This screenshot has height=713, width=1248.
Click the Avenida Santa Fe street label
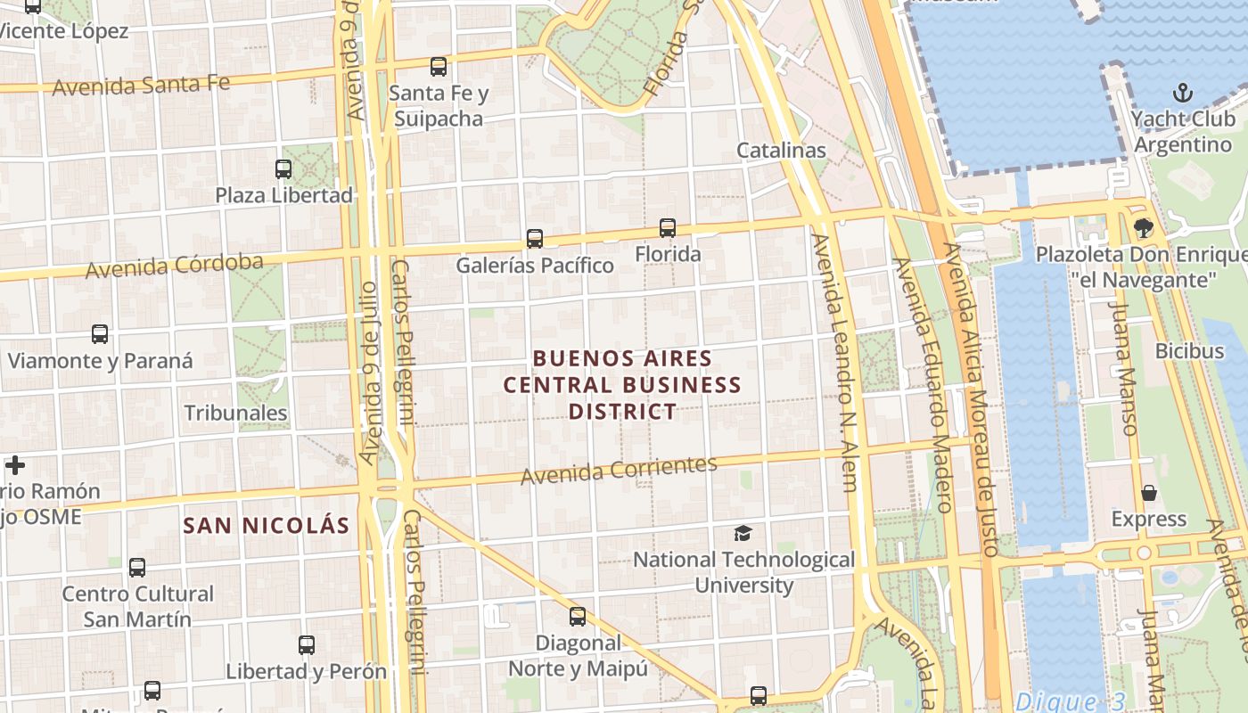pos(141,86)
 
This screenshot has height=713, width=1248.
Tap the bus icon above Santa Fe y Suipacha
pos(438,66)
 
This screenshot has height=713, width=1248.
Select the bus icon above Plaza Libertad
pos(283,168)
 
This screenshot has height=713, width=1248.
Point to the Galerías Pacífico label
pos(535,266)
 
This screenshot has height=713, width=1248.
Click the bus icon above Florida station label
pos(668,228)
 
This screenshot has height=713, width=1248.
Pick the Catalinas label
pos(781,151)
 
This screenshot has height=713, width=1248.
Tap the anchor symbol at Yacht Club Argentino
pos(1182,93)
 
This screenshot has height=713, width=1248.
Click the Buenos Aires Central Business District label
pos(622,385)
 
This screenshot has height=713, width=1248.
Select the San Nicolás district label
pos(267,526)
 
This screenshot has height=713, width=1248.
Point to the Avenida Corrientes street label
pos(619,470)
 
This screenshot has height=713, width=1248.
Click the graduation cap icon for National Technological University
pos(743,534)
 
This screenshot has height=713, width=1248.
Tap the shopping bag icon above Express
pos(1149,493)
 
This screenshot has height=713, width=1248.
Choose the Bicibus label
pos(1189,351)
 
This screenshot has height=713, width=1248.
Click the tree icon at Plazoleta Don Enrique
pos(1144,228)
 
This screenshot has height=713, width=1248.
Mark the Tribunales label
pos(235,413)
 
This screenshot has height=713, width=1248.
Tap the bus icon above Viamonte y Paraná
pos(100,334)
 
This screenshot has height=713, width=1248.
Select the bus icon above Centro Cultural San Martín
pos(137,568)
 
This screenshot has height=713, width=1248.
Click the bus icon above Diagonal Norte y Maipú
pos(578,616)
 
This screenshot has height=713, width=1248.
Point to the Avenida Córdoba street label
pos(175,266)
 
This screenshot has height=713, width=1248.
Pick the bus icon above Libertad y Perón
pos(307,644)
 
